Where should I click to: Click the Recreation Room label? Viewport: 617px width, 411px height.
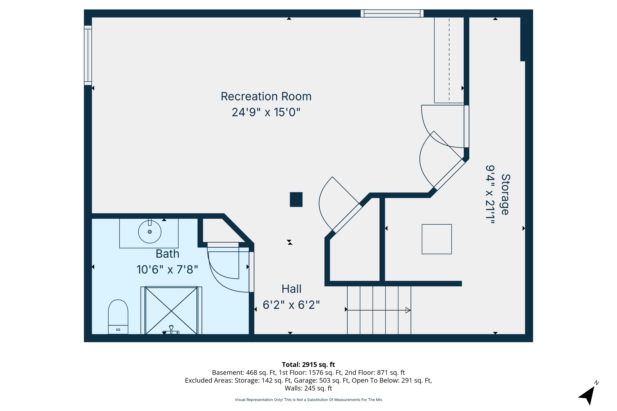(x=266, y=97)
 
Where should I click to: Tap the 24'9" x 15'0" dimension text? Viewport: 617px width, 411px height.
(x=266, y=112)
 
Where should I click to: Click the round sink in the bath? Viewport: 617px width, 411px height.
(x=150, y=232)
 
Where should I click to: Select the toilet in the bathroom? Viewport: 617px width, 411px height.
(x=118, y=317)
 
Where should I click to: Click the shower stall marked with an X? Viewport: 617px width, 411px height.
(x=171, y=311)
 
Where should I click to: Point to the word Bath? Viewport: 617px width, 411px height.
(x=167, y=254)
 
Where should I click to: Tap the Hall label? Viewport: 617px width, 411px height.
(x=291, y=289)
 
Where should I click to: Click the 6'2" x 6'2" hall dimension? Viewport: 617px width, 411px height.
(x=291, y=305)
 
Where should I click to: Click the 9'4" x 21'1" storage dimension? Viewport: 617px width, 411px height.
(x=490, y=194)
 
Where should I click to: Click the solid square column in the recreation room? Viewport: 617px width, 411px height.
(x=296, y=199)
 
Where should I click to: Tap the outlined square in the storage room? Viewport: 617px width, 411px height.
(x=437, y=239)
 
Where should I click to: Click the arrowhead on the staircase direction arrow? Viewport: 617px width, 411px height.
(x=408, y=310)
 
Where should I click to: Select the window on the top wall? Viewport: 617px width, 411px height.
(x=392, y=13)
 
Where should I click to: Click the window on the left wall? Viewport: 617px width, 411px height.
(x=88, y=55)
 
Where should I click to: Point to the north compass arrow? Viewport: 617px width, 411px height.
(x=587, y=395)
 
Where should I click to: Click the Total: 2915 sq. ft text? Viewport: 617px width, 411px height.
(x=308, y=365)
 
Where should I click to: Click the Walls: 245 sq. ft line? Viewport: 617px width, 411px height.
(x=308, y=388)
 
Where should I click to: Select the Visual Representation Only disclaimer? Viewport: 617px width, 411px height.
(x=308, y=400)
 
